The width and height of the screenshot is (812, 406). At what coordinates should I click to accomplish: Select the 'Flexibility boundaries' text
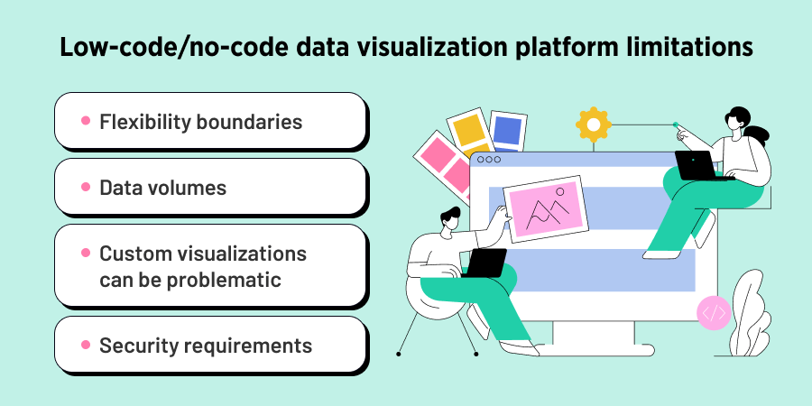click(x=200, y=121)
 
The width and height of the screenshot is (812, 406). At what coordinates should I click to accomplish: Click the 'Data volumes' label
click(x=162, y=188)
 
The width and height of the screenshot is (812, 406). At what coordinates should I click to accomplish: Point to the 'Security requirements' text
click(x=206, y=346)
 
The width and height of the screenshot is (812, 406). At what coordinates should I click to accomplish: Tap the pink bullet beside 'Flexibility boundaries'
click(x=86, y=121)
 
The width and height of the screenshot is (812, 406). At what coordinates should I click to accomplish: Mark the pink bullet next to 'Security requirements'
click(x=86, y=346)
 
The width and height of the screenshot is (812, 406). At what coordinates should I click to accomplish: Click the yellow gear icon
click(x=593, y=125)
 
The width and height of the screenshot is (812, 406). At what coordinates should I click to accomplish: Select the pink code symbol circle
click(x=714, y=313)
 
